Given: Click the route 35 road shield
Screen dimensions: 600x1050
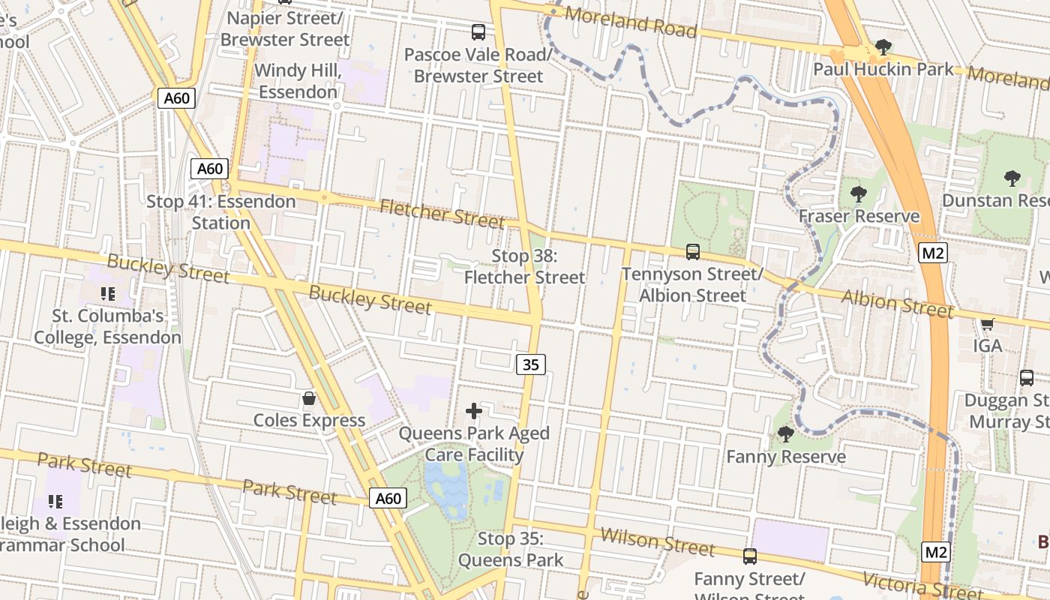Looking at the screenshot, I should [x=530, y=364].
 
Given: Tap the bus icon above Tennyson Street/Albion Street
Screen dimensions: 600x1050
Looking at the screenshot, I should [x=692, y=252].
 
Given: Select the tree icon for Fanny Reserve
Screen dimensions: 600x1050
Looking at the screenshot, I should [x=785, y=433].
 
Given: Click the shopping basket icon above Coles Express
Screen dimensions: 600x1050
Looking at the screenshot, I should [x=308, y=398].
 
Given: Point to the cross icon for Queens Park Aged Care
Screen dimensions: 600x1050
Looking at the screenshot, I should [x=473, y=411].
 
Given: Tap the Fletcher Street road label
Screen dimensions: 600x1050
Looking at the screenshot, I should [x=441, y=214].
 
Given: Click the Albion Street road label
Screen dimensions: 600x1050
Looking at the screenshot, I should [x=898, y=304].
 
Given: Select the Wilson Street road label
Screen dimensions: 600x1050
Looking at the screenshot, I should [x=658, y=542].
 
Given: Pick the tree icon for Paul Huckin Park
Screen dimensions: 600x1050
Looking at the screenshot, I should [x=883, y=47].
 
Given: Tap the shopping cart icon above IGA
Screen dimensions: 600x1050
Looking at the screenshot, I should [x=987, y=324].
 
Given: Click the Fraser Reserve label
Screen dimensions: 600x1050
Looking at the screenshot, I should [x=859, y=217].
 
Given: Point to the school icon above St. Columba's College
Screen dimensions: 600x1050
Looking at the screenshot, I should [x=107, y=293].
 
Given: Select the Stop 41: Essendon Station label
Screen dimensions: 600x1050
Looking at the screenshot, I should [x=220, y=212].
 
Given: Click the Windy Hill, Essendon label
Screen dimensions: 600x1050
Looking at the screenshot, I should [x=298, y=81].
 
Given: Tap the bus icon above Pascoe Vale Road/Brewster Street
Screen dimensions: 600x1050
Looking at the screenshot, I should [x=478, y=32].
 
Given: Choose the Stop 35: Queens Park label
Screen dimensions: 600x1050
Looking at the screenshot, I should [x=510, y=549].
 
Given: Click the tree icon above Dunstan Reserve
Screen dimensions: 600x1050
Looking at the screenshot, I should [x=1012, y=178].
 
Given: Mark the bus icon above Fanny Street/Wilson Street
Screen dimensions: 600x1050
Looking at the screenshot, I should [x=749, y=556].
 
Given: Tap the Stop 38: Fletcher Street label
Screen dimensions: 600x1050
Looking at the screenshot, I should [x=524, y=266].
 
